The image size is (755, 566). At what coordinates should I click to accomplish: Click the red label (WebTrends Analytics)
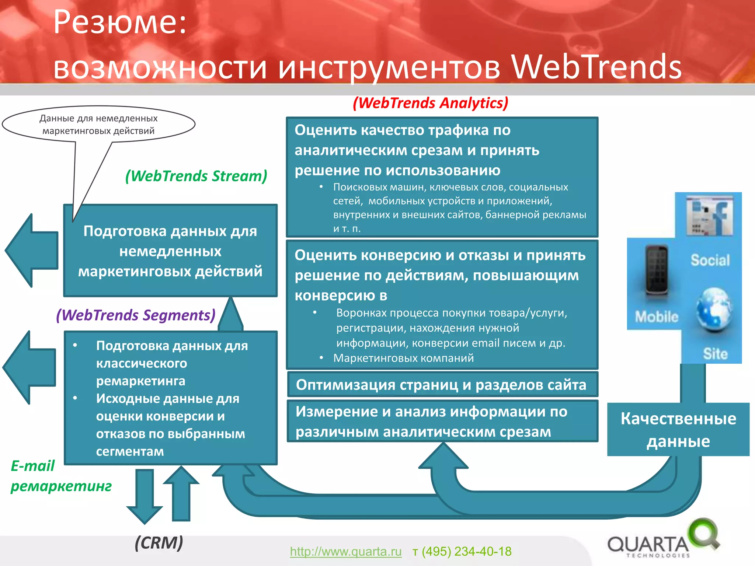(430, 103)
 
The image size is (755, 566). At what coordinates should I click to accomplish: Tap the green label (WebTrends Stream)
(196, 176)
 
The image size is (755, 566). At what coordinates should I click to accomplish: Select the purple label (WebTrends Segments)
(136, 315)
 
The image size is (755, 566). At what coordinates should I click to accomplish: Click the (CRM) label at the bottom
(159, 543)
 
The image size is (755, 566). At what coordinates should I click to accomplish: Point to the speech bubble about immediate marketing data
(98, 124)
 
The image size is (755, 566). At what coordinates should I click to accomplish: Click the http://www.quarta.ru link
(345, 551)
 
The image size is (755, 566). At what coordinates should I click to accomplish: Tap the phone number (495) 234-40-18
(466, 551)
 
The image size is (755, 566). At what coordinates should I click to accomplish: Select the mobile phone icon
(657, 271)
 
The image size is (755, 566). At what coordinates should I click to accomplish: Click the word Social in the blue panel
(710, 260)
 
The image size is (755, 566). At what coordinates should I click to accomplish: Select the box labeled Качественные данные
(678, 429)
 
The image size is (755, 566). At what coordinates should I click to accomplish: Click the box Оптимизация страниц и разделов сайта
(442, 385)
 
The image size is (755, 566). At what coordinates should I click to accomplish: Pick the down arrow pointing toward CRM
(145, 496)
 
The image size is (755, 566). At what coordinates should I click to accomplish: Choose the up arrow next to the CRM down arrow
(181, 494)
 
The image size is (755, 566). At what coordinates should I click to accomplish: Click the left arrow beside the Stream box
(31, 251)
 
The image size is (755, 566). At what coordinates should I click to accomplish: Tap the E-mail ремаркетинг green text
(61, 476)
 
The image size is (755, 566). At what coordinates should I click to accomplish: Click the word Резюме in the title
(120, 22)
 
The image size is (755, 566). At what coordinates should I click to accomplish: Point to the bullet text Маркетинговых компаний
(403, 358)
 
